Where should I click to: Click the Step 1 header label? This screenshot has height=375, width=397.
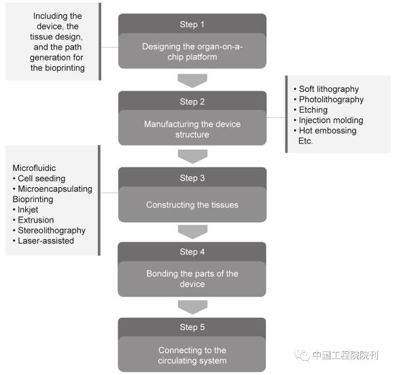pyautogui.click(x=192, y=25)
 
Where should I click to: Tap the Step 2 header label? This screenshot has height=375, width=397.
pyautogui.click(x=192, y=101)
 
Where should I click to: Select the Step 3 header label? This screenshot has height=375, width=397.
pyautogui.click(x=192, y=178)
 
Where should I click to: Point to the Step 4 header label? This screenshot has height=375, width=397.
pyautogui.click(x=192, y=252)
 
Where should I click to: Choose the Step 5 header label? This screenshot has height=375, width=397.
pyautogui.click(x=192, y=327)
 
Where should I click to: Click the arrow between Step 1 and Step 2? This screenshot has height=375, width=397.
pyautogui.click(x=192, y=80)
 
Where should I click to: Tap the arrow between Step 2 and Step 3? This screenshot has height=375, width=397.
pyautogui.click(x=192, y=157)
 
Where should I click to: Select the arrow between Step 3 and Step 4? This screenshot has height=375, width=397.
pyautogui.click(x=192, y=232)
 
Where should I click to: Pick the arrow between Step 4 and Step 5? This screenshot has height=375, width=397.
pyautogui.click(x=192, y=307)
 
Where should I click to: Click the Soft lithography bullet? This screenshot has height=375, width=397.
pyautogui.click(x=326, y=89)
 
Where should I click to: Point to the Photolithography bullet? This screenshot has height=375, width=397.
pyautogui.click(x=328, y=99)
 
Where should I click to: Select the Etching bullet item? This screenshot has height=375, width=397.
pyautogui.click(x=311, y=110)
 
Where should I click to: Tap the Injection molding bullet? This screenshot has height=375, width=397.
pyautogui.click(x=328, y=120)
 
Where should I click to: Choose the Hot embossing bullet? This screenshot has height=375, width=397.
pyautogui.click(x=325, y=131)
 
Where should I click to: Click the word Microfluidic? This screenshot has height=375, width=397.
pyautogui.click(x=34, y=168)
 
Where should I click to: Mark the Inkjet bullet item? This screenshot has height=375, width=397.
pyautogui.click(x=25, y=210)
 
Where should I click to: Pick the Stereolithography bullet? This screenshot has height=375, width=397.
pyautogui.click(x=49, y=231)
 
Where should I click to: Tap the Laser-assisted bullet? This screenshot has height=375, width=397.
pyautogui.click(x=44, y=241)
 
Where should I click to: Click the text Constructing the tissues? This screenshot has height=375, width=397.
pyautogui.click(x=192, y=205)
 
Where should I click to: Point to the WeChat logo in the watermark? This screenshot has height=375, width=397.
pyautogui.click(x=302, y=355)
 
